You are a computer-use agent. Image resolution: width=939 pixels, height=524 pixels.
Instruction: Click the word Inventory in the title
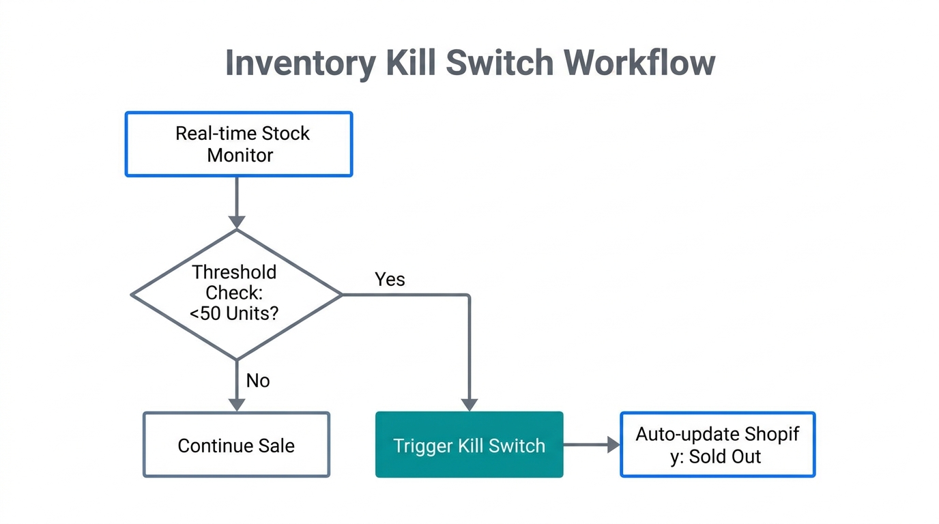click(x=300, y=63)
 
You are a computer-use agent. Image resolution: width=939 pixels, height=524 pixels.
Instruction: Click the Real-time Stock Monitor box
click(x=239, y=144)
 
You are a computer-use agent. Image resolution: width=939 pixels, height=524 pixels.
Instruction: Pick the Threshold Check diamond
click(x=236, y=294)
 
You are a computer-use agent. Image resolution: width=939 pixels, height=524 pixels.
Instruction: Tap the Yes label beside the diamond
click(x=390, y=279)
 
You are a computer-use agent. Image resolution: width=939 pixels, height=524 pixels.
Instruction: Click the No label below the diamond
click(x=258, y=381)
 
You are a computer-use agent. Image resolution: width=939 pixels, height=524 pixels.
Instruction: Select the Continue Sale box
click(x=236, y=445)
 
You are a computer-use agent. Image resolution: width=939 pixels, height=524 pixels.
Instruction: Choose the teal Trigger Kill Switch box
click(x=470, y=445)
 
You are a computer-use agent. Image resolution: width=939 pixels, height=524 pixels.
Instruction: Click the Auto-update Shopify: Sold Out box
click(x=717, y=445)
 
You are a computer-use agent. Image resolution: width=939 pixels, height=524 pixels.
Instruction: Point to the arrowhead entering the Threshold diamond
click(x=237, y=221)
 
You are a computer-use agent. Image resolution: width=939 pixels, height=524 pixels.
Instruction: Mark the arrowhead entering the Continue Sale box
click(x=237, y=404)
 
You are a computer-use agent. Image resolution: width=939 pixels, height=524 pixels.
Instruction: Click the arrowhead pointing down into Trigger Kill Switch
click(x=470, y=404)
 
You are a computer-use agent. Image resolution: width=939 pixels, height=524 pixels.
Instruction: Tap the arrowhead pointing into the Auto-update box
click(x=612, y=445)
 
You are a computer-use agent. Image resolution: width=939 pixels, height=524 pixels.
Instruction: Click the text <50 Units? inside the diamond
click(x=234, y=315)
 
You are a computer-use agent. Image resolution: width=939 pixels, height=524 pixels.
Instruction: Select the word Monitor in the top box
click(x=240, y=156)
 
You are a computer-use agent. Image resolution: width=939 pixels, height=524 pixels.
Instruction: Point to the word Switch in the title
click(x=500, y=63)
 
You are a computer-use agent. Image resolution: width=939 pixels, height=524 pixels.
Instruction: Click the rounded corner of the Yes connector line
click(x=467, y=297)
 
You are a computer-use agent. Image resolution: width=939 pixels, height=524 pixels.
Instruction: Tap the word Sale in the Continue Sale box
click(x=277, y=446)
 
